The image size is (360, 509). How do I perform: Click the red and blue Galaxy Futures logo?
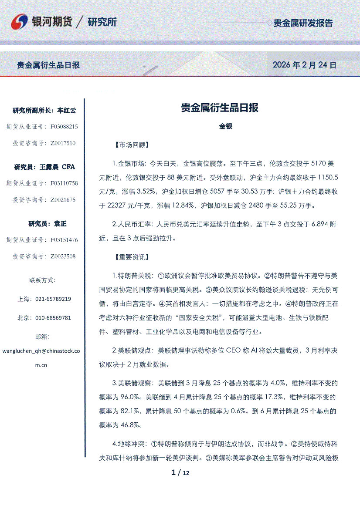(20, 22)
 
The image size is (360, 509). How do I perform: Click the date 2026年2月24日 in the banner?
(304, 65)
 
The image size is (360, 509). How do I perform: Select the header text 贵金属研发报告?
(302, 23)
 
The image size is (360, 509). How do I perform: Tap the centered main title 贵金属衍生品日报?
(220, 108)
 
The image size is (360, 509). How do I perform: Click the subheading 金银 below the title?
(225, 126)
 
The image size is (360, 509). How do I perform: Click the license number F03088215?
(64, 127)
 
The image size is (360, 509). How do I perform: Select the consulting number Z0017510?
(63, 143)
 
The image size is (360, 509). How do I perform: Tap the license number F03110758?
(64, 183)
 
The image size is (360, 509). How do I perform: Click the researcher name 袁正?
(60, 224)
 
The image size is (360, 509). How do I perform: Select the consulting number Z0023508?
(63, 256)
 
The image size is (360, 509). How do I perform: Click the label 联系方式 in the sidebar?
(42, 280)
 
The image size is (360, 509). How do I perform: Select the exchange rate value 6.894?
(319, 224)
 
